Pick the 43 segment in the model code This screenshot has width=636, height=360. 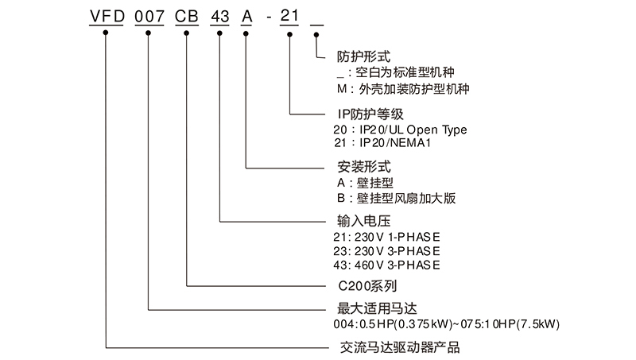[x=219, y=17]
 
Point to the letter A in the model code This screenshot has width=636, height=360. [x=246, y=17]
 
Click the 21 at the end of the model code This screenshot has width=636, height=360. [x=290, y=17]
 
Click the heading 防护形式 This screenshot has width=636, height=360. [x=363, y=56]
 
